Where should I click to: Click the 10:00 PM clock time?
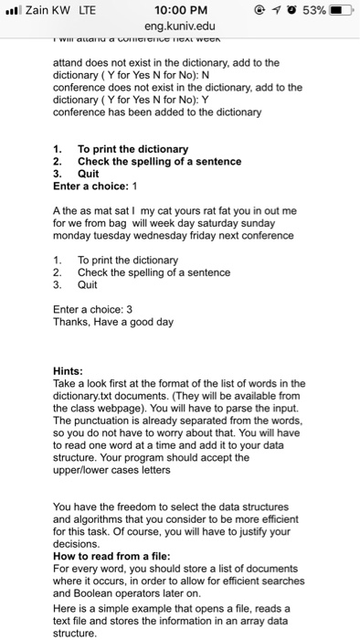pos(179,10)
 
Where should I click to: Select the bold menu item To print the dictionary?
pos(132,149)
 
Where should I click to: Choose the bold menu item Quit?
pos(89,173)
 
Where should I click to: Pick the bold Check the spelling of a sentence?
pos(160,161)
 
